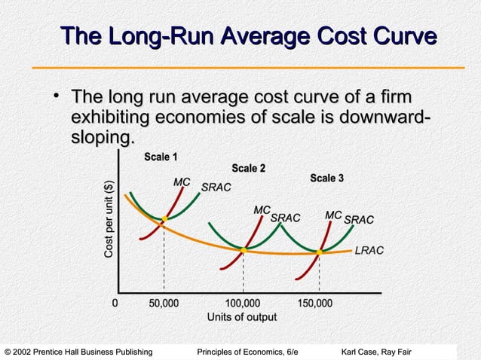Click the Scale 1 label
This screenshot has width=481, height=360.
tap(161, 157)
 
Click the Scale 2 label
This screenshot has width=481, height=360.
tap(249, 168)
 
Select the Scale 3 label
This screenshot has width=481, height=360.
tap(327, 178)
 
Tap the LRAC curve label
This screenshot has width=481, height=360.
tap(369, 250)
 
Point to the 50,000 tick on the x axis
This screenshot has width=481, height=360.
tap(164, 304)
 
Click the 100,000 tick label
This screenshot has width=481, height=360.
tap(243, 304)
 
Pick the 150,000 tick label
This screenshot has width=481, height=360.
tap(316, 304)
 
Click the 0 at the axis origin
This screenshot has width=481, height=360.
tap(115, 304)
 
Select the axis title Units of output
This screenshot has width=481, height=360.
tap(242, 317)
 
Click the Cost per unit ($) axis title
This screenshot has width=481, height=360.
tap(109, 221)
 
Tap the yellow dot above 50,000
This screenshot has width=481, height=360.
tap(164, 220)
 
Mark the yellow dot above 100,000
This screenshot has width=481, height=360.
tap(244, 249)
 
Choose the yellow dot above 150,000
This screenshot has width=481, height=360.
tap(320, 252)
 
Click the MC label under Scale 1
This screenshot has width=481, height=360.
tap(182, 182)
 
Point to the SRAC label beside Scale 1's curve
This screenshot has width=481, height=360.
tap(216, 187)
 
